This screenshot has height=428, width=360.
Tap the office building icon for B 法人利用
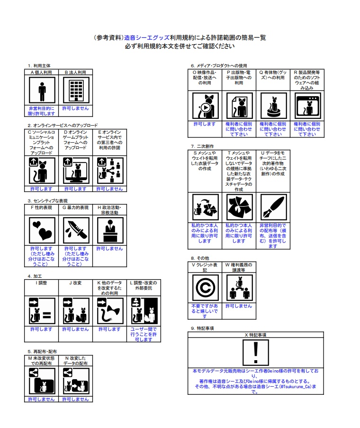[x=75, y=90]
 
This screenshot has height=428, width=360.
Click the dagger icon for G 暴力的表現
[x=75, y=230]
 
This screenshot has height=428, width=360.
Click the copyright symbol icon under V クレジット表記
[x=205, y=288]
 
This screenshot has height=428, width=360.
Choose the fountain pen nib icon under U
[x=273, y=207]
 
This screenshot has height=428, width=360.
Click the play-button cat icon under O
[x=205, y=106]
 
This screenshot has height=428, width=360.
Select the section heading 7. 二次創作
[x=203, y=146]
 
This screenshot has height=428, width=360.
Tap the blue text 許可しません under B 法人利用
[x=75, y=109]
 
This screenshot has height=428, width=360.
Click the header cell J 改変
[x=75, y=282]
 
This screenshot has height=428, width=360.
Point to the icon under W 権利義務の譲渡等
[x=239, y=288]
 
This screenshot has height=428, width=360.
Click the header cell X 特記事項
[x=256, y=335]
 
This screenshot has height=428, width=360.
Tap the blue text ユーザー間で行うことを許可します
[x=144, y=334]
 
